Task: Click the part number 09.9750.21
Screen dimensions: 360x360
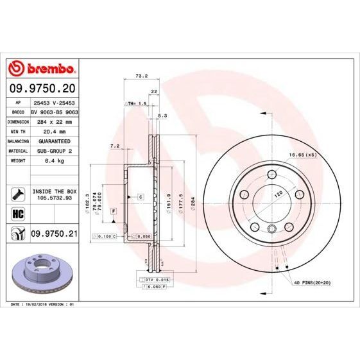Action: [x=54, y=234]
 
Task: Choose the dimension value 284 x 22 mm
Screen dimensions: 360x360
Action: [x=54, y=121]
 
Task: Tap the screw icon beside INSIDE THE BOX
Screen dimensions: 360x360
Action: [x=17, y=193]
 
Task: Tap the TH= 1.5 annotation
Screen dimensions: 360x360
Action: [x=137, y=103]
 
